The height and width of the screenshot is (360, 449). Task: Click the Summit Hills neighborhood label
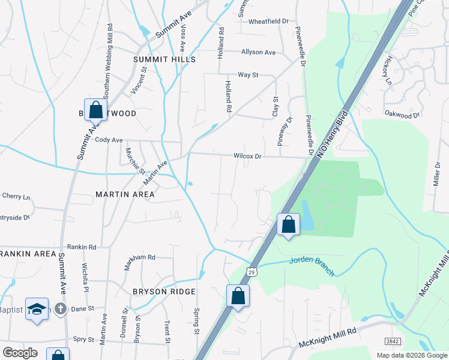pos(164,60)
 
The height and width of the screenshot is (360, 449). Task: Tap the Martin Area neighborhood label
pos(125,194)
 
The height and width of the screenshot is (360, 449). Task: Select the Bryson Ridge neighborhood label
pos(164,292)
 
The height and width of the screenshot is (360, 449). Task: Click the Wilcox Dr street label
pos(248,157)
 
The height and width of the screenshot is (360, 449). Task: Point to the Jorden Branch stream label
pos(310,260)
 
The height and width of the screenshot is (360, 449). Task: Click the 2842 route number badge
pos(393,341)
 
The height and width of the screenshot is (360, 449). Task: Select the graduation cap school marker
pos(37,309)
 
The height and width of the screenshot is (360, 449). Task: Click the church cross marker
pos(60,309)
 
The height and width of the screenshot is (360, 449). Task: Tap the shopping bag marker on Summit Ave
pos(95,110)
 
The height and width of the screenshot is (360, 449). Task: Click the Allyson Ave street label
pos(258,52)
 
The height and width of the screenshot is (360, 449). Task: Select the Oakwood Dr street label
pos(402,113)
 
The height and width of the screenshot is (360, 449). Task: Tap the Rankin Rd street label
pos(82,247)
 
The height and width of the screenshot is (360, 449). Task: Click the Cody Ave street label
pos(109,140)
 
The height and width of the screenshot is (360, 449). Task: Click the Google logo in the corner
pos(20,352)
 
